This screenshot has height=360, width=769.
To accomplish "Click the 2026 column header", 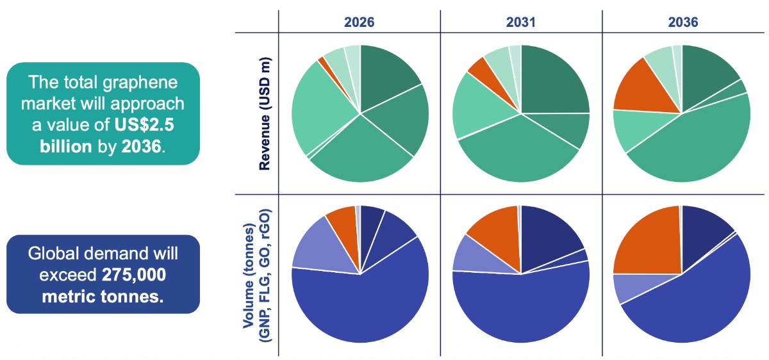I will pyautogui.click(x=360, y=22).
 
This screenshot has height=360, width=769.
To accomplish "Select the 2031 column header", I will pyautogui.click(x=521, y=22).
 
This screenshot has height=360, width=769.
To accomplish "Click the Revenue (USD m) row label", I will pyautogui.click(x=264, y=113).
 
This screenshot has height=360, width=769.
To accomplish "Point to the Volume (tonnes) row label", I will pyautogui.click(x=255, y=274).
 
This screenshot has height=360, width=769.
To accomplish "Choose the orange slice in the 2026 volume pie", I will pyautogui.click(x=342, y=221).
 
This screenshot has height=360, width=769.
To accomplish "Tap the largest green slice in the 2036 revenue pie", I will pyautogui.click(x=695, y=147).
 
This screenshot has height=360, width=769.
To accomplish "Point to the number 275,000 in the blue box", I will pyautogui.click(x=133, y=275).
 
